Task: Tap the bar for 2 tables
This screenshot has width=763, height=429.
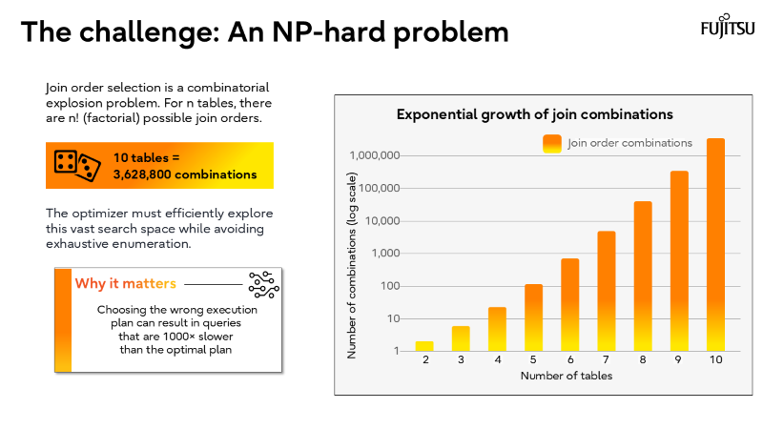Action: pos(424,345)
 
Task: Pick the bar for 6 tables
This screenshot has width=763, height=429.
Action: pos(569,304)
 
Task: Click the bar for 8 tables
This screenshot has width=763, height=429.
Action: pos(643,276)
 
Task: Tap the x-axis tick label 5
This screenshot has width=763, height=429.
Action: pos(533,361)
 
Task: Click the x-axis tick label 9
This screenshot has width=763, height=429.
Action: pos(679,361)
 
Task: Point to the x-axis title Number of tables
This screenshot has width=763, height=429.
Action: pos(566,376)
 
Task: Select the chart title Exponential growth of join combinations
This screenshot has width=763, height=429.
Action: pos(535,114)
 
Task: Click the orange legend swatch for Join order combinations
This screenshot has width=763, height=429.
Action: pos(551,144)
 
